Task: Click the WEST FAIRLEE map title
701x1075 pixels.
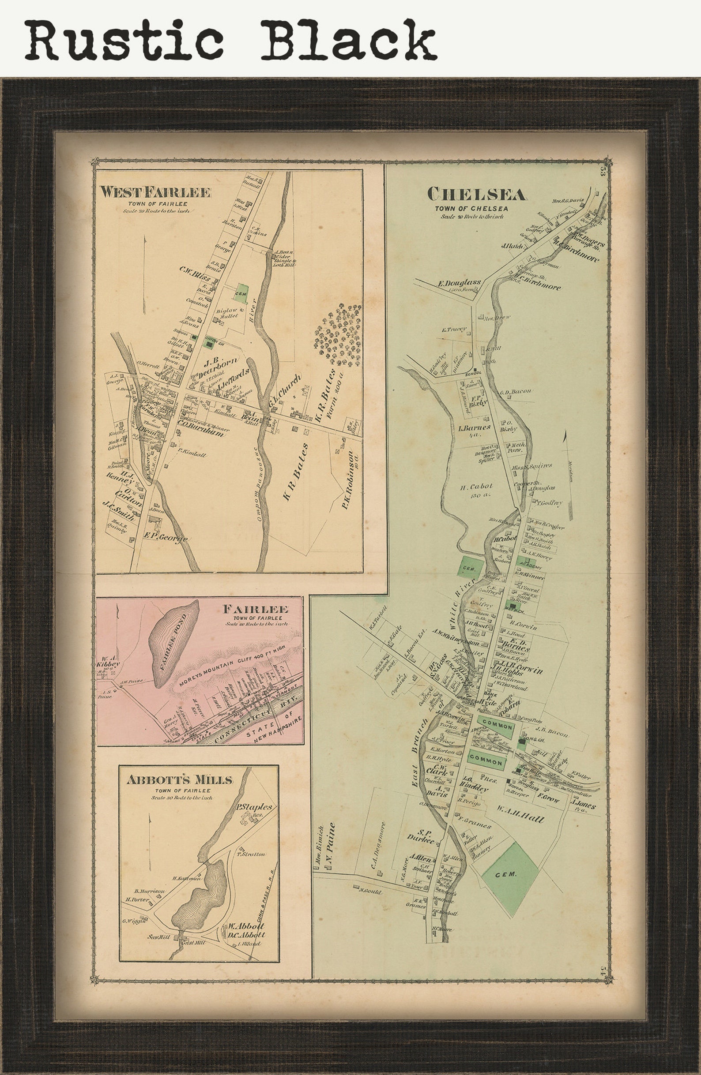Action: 155,192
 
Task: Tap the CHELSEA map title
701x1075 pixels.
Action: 477,195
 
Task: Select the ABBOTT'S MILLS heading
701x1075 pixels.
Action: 180,779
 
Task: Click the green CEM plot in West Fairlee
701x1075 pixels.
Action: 241,294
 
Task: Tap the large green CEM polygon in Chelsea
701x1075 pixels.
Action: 509,874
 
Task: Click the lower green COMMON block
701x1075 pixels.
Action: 486,762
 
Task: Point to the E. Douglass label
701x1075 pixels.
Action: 458,283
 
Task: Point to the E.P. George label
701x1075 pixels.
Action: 166,539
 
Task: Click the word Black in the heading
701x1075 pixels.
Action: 348,40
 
